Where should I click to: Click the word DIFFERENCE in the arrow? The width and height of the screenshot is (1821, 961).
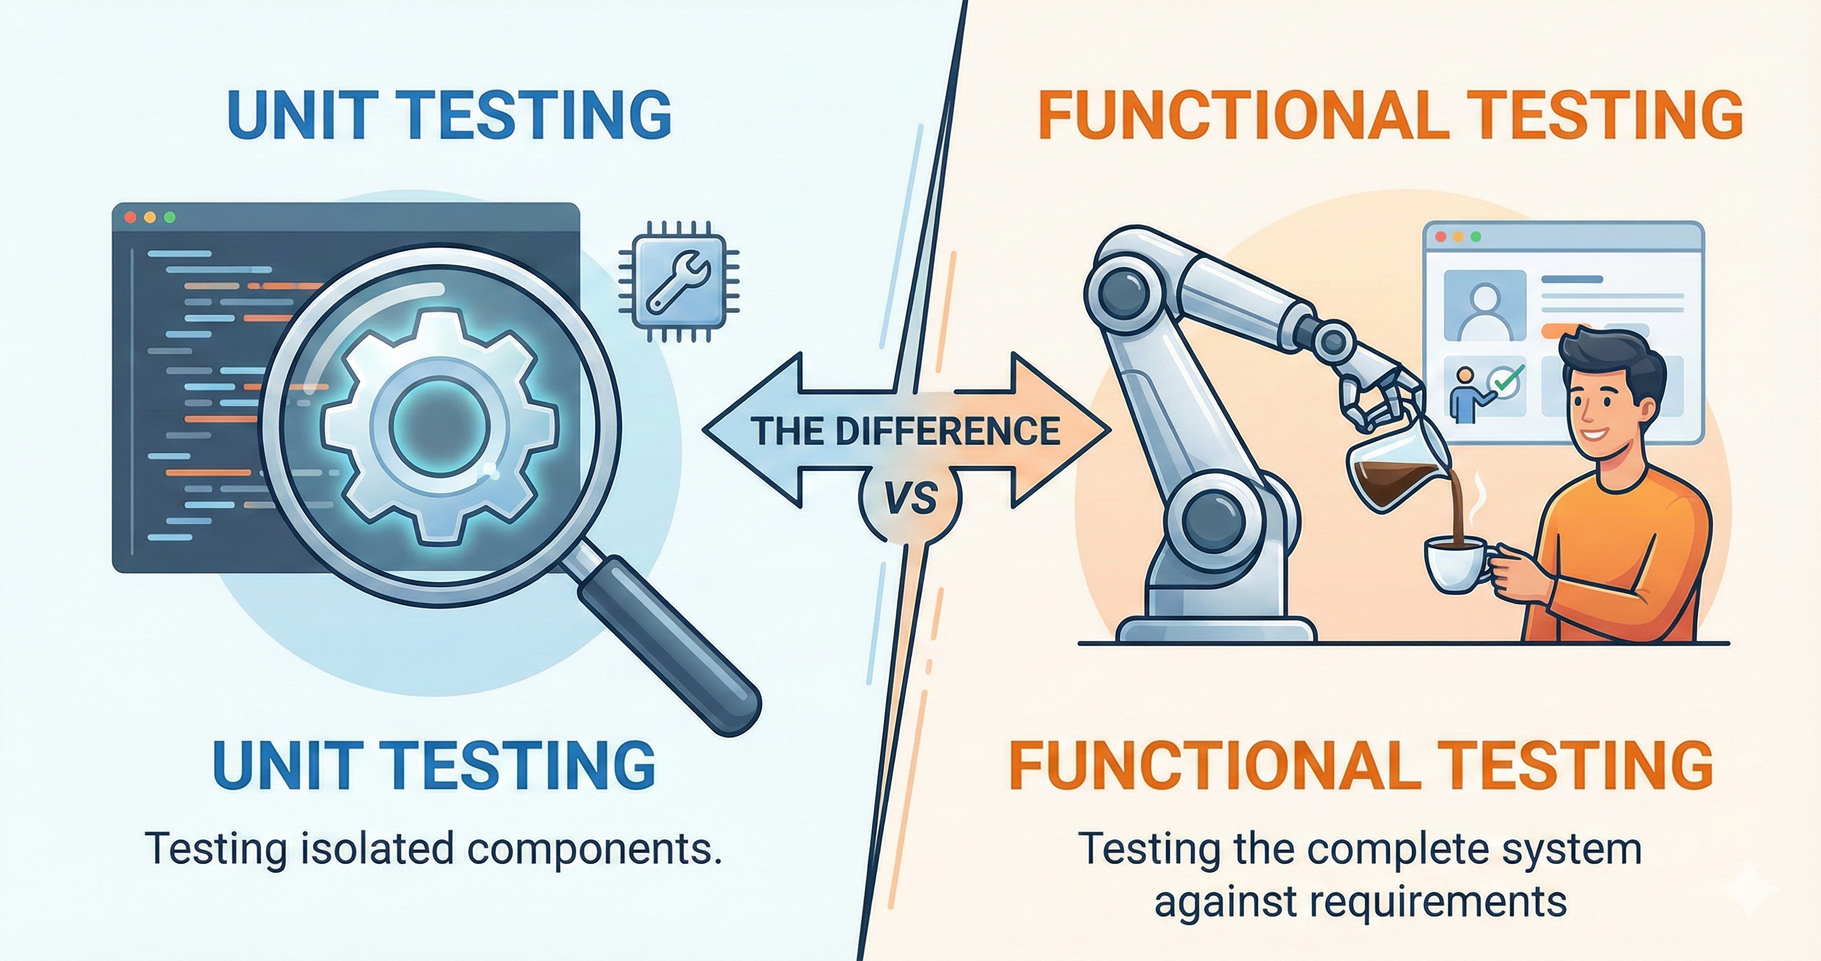948,430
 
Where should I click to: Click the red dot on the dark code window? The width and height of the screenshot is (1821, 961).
129,218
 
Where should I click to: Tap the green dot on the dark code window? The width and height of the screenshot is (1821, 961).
169,218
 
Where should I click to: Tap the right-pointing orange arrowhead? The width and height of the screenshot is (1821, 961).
1061,429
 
